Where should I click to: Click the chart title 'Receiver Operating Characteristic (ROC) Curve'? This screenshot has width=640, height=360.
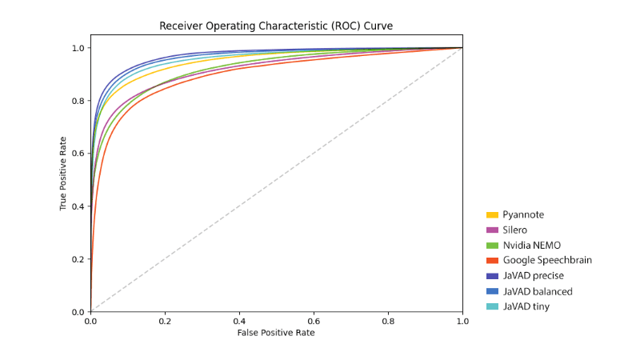pyautogui.click(x=276, y=26)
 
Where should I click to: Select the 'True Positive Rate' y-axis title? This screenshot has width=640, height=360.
pyautogui.click(x=64, y=173)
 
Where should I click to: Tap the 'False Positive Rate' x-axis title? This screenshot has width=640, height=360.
pyautogui.click(x=276, y=333)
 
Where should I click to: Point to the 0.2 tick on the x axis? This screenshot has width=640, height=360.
pyautogui.click(x=165, y=320)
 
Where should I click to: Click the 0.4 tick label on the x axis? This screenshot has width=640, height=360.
pyautogui.click(x=239, y=320)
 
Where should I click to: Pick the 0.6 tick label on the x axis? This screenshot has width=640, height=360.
pyautogui.click(x=314, y=320)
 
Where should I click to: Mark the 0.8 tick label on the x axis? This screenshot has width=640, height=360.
pyautogui.click(x=388, y=320)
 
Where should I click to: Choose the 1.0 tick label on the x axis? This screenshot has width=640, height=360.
pyautogui.click(x=462, y=320)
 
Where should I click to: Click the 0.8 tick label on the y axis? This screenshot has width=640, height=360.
pyautogui.click(x=78, y=101)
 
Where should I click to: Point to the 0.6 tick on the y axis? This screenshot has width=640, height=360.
pyautogui.click(x=78, y=154)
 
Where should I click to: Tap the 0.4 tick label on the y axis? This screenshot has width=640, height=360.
pyautogui.click(x=78, y=206)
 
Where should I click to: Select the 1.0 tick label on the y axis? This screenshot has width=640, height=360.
pyautogui.click(x=78, y=48)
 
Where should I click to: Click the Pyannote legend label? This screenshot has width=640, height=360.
pyautogui.click(x=523, y=214)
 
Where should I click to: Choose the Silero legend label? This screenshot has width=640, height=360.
pyautogui.click(x=516, y=230)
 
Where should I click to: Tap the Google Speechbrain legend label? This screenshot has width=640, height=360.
pyautogui.click(x=547, y=260)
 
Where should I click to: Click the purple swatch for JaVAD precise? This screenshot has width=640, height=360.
pyautogui.click(x=493, y=276)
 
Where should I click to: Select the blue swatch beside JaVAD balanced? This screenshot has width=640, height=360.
pyautogui.click(x=493, y=291)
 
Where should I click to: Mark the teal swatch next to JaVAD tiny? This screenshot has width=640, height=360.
pyautogui.click(x=493, y=306)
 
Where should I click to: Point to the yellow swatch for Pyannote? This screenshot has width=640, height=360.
pyautogui.click(x=493, y=214)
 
